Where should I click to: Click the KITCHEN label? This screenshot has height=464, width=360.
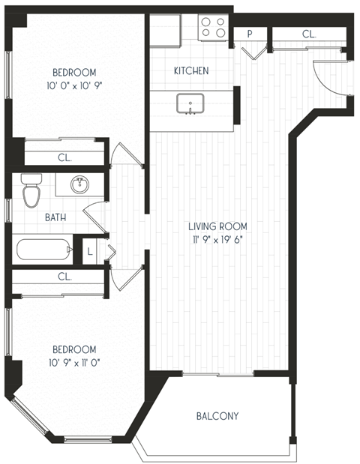tap(190, 70)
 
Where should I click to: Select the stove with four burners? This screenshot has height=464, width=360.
tap(213, 28)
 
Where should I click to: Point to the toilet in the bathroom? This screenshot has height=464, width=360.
tap(31, 191)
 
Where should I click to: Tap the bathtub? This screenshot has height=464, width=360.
tap(40, 249)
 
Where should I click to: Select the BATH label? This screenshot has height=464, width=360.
tap(34, 217)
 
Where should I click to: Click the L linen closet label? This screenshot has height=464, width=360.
tap(90, 250)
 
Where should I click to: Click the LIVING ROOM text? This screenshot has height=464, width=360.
tap(217, 226)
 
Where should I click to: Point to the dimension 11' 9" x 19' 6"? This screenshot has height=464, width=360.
tap(217, 239)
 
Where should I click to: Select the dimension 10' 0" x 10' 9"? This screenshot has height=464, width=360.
tap(73, 85)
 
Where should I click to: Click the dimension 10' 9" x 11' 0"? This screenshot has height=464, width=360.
tap(73, 363)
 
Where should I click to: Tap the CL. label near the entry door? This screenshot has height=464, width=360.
tap(308, 34)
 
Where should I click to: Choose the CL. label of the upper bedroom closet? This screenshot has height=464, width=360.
tap(64, 157)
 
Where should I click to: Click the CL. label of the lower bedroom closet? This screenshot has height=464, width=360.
tap(64, 277)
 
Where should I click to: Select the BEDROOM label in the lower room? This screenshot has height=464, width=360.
tap(73, 349)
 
